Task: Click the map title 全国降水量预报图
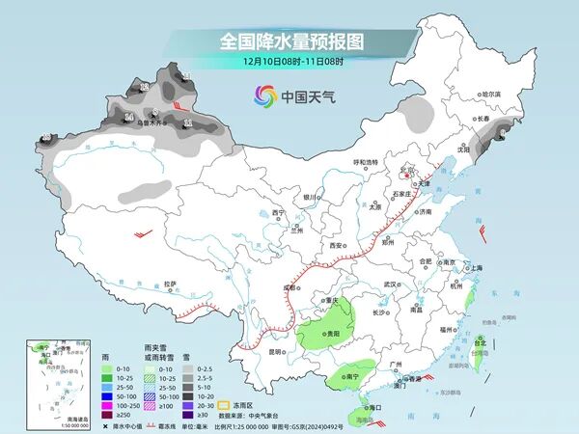tap(289, 41)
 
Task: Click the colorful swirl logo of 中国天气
tap(264, 95)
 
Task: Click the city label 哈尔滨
tap(492, 94)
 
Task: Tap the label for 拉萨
tap(170, 284)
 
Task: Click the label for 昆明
tap(276, 351)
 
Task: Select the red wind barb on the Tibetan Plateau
tap(145, 233)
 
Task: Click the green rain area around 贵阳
tap(318, 336)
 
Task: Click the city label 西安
tap(336, 247)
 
